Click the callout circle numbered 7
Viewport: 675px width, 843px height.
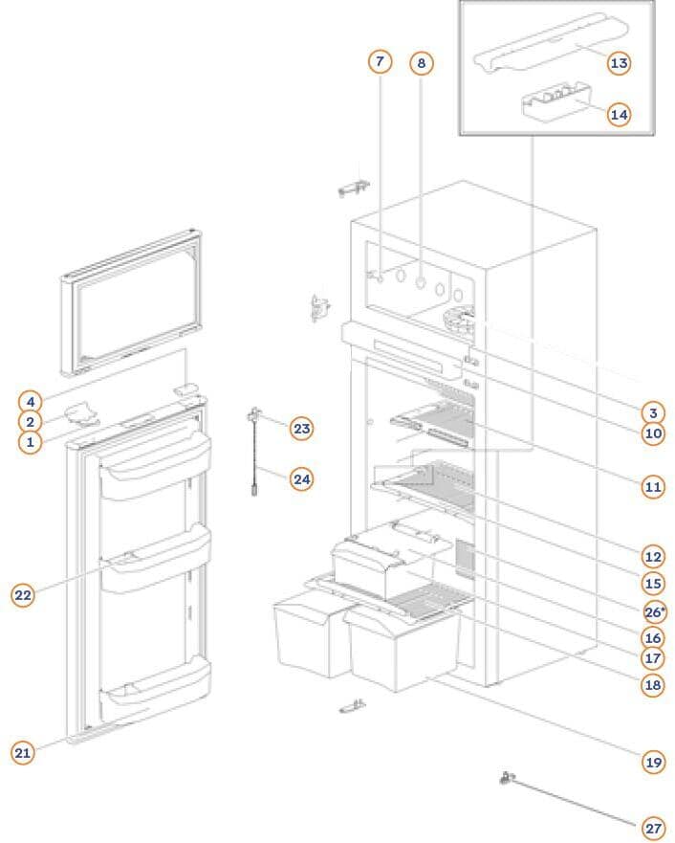(380, 61)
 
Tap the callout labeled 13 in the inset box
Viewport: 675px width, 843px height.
(619, 63)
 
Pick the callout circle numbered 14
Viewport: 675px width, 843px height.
(619, 115)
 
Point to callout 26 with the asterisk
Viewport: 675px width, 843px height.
(655, 610)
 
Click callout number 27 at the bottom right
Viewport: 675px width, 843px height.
(653, 828)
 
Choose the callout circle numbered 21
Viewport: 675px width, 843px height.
(23, 753)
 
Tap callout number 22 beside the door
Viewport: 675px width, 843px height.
(23, 595)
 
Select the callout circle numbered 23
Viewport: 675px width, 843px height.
(302, 429)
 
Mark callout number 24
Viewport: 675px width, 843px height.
(302, 478)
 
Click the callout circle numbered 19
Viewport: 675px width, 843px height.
(653, 762)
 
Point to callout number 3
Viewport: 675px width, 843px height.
(653, 413)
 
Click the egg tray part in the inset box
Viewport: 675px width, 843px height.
(555, 102)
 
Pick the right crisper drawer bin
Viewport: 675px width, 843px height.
(402, 651)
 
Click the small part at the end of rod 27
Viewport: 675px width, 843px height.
(502, 779)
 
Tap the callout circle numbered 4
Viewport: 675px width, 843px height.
(31, 401)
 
